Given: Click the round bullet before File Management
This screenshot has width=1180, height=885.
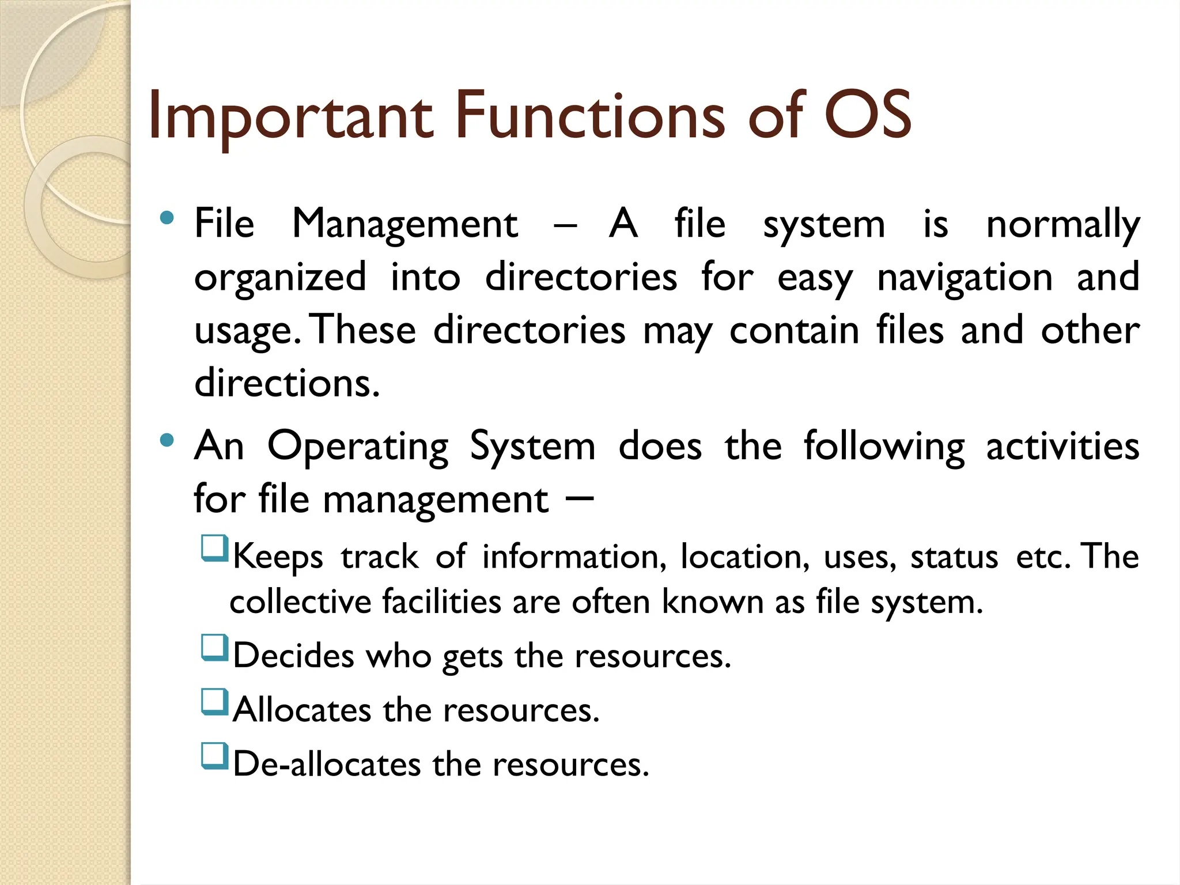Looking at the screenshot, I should click(167, 218).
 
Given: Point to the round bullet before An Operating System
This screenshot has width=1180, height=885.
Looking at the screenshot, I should click(167, 441).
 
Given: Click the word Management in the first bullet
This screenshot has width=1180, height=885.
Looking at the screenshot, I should click(404, 225).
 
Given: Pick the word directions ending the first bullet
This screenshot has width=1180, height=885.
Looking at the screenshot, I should click(287, 384).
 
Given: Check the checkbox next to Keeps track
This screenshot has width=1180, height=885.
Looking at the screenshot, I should click(214, 549).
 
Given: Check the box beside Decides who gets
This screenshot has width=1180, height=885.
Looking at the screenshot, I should click(214, 648).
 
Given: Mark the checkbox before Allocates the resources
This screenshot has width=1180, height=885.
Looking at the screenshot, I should click(214, 702).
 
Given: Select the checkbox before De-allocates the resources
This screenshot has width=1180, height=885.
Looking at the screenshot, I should click(214, 756).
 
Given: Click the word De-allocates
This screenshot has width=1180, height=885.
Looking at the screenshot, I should click(327, 765).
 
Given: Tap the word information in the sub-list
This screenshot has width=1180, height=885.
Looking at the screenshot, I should click(574, 558).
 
